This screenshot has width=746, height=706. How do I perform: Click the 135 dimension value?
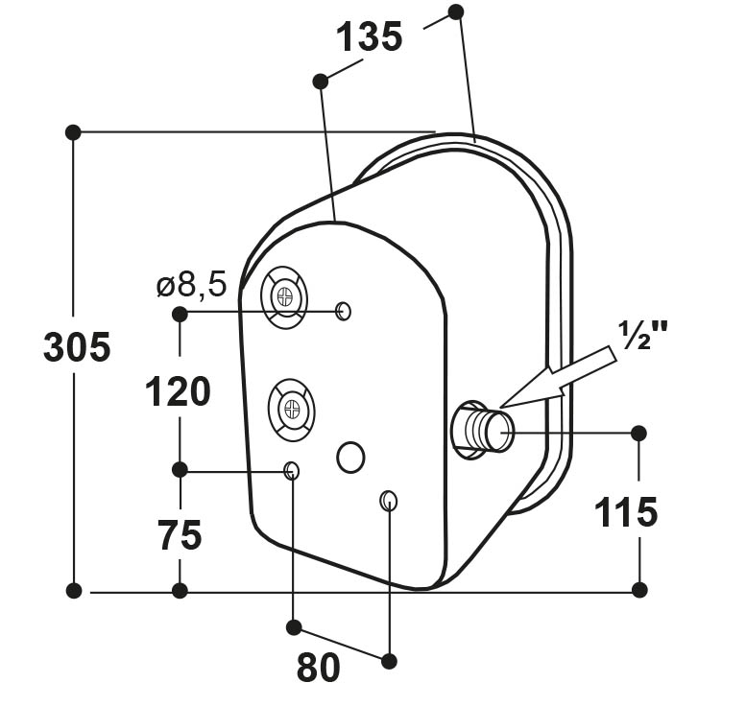[x=370, y=37]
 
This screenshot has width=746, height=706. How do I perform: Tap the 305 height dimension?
[x=77, y=347]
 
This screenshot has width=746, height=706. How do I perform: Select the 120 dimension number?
[x=178, y=391]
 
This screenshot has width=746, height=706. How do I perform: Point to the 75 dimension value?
[x=180, y=535]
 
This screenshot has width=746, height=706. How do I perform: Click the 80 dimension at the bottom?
[x=319, y=667]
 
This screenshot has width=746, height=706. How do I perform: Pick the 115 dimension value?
[x=626, y=512]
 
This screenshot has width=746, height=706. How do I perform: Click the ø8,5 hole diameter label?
[x=192, y=286]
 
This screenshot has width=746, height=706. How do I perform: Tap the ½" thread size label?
[x=642, y=335]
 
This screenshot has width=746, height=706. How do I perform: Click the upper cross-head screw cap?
[x=284, y=297]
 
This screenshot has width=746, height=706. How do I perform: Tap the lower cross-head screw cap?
[x=292, y=410]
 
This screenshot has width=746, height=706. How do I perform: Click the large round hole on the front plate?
[x=350, y=457]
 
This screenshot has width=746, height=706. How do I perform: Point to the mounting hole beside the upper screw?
[x=344, y=312]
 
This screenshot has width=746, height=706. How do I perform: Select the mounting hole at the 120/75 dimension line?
[x=291, y=471]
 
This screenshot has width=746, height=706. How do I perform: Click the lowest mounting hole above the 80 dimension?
[x=389, y=501]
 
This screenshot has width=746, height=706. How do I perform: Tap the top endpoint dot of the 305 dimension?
[x=73, y=131]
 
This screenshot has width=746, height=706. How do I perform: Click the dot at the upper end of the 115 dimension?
[x=638, y=434]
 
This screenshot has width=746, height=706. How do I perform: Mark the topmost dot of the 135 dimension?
[x=456, y=12]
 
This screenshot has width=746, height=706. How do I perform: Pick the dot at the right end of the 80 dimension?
[x=389, y=661]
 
